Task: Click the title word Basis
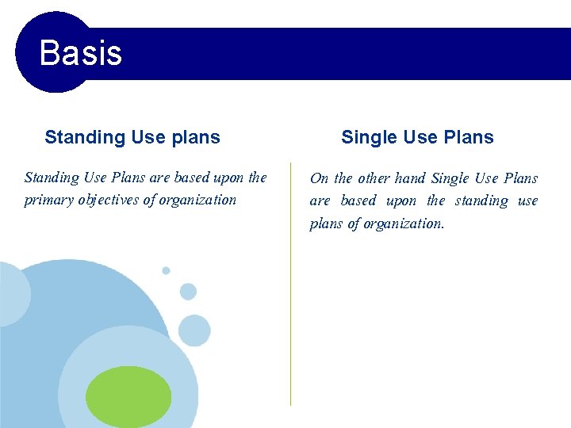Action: pos(80,53)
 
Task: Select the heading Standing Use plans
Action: pos(132,137)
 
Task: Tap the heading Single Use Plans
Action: pos(417,137)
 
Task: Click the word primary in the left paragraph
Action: pos(49,200)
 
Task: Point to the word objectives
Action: pos(109,200)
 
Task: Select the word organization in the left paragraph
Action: pos(197,200)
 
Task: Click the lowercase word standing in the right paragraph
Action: pos(481,201)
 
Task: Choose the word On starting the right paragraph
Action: pos(319,178)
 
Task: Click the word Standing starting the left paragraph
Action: pos(52,178)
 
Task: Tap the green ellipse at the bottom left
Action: pos(128,396)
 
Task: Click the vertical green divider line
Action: pos(291,317)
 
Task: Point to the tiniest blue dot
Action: pos(166,270)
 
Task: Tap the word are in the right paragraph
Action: pos(320,201)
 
